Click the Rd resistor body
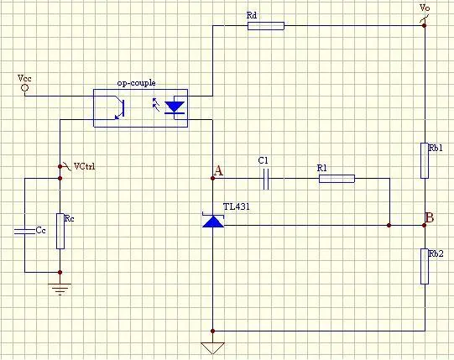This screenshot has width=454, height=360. (x=266, y=26)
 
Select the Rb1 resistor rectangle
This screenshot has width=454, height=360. (x=425, y=160)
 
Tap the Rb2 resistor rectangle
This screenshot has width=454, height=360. (x=425, y=266)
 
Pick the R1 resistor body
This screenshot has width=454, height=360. (x=337, y=179)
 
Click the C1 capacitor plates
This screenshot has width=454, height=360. (x=266, y=179)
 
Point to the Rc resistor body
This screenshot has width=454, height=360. (x=60, y=231)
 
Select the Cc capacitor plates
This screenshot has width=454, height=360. (x=24, y=231)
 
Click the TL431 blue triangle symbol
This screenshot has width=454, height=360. (x=213, y=221)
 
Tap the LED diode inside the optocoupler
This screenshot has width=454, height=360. (x=175, y=107)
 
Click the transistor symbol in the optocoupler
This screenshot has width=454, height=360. (x=120, y=108)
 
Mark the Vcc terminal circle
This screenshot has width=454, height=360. (x=25, y=87)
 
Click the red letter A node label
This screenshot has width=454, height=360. (x=218, y=171)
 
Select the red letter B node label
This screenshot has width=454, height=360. (x=430, y=217)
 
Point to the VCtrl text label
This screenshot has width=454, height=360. (x=84, y=166)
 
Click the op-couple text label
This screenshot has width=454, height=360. (x=137, y=83)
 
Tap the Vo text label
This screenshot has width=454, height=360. (x=425, y=8)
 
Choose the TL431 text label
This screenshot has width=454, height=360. (x=236, y=206)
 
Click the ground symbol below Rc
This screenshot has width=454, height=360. (x=60, y=289)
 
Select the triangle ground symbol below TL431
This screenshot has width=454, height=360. (x=213, y=348)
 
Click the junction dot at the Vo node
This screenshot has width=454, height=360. (x=424, y=26)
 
